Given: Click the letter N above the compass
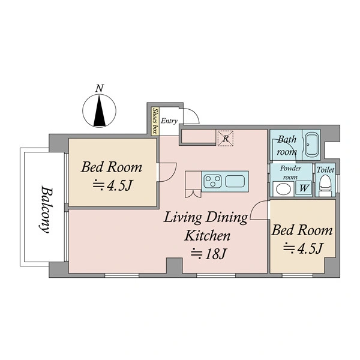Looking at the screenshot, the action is click(x=100, y=88).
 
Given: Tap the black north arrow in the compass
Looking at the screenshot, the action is click(x=100, y=111).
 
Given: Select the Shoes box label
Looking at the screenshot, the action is click(x=155, y=121).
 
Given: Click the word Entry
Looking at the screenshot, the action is click(x=169, y=121).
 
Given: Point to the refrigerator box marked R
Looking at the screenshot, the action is click(x=226, y=138).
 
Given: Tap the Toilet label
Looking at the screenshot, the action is click(x=325, y=170).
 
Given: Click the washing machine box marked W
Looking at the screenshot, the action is click(x=304, y=188).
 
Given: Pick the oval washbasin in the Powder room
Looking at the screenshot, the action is click(x=283, y=189).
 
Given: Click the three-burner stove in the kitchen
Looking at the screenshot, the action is click(x=213, y=181).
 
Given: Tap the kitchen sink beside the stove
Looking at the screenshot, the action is click(x=235, y=181).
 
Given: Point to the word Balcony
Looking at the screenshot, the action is click(x=45, y=209).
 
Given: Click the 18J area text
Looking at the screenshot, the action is click(x=209, y=254).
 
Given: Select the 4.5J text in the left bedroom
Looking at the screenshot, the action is click(x=113, y=185).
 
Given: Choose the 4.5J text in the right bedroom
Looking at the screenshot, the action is click(x=303, y=248).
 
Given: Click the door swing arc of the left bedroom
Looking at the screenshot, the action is click(x=173, y=175).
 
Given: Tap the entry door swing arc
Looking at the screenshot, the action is click(x=194, y=113).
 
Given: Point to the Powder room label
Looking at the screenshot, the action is click(x=290, y=173).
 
